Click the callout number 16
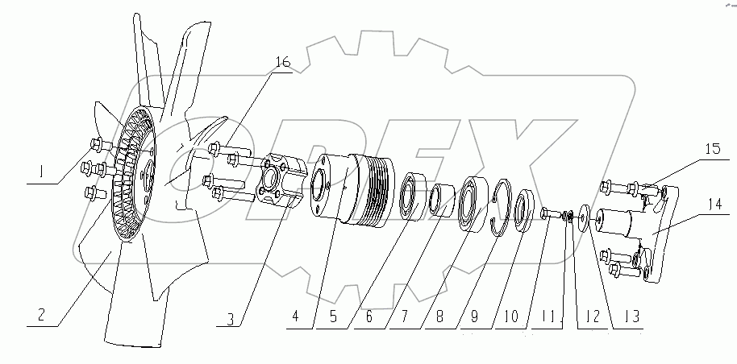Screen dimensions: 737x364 coord(283,63)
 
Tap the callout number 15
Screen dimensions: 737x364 coord(712,149)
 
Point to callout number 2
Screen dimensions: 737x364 coord(41,315)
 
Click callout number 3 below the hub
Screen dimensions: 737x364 coord(230,319)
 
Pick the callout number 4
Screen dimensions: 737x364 coord(295,317)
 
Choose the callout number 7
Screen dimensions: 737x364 coord(405,317)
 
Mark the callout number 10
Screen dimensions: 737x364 coord(511,316)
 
